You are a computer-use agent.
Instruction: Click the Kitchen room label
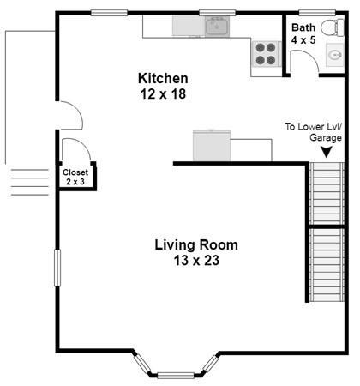[x=163, y=78]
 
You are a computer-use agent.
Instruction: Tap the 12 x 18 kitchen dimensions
[x=163, y=93]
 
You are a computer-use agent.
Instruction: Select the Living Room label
[x=196, y=245]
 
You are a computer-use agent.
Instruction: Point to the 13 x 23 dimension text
[x=196, y=261]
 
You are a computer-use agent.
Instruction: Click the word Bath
[x=303, y=27]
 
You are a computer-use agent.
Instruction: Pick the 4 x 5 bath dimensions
[x=303, y=40]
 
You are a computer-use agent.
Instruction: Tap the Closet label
[x=75, y=172]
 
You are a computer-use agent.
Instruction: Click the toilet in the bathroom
[x=333, y=27]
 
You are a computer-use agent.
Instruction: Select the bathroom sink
[x=335, y=55]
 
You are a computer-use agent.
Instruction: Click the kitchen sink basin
[x=217, y=27]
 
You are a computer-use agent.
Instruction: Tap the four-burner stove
[x=266, y=54]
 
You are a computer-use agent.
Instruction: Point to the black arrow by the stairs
[x=326, y=152]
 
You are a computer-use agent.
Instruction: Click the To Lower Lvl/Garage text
[x=314, y=132]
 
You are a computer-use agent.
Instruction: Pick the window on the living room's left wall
[x=57, y=268]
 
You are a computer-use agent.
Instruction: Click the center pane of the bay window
[x=176, y=375]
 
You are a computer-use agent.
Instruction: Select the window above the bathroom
[x=317, y=13]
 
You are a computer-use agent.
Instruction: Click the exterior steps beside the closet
[x=30, y=182]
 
